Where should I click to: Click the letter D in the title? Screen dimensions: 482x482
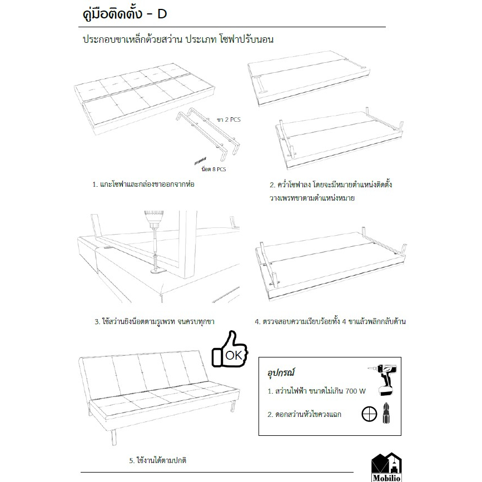[x=162, y=14]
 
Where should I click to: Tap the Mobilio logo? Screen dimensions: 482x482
[x=386, y=467]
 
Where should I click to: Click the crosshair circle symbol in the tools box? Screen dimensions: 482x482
[x=369, y=414]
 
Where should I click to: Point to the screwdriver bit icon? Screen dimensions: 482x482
[x=386, y=414]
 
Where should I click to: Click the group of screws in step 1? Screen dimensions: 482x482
[x=200, y=161]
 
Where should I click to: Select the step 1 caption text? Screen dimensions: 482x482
[x=143, y=185]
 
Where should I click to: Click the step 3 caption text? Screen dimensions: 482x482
[x=155, y=322]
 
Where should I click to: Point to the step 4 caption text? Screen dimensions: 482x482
[x=330, y=321]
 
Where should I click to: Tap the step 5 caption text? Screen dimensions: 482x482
[x=157, y=460]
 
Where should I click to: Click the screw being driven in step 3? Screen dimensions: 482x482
[x=155, y=261]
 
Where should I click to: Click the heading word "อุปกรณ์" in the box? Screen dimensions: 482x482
[x=281, y=373]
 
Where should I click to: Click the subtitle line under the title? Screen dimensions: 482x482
[x=178, y=39]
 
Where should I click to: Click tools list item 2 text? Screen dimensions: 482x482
[x=304, y=414]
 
